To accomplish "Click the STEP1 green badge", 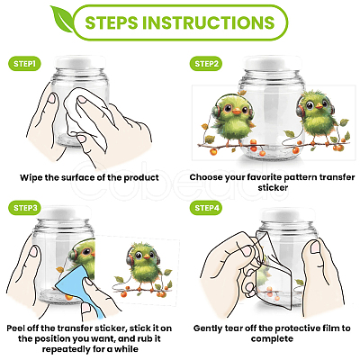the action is coord(24,64).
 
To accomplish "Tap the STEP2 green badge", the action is coord(206,64).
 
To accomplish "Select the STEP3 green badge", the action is coord(25,208).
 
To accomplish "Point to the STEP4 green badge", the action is coord(206,208).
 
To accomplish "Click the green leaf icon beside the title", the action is coord(61,19).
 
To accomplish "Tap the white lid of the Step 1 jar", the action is coord(80,62).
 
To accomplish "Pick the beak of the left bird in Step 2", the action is coord(237,112).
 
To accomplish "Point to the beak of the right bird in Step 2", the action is coord(319,105).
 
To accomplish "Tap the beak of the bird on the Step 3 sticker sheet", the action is coord(147,256).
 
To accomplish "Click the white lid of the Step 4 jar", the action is coord(287,215).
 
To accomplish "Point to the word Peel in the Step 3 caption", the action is coord(16,328).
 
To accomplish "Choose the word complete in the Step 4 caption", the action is coord(272,339).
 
